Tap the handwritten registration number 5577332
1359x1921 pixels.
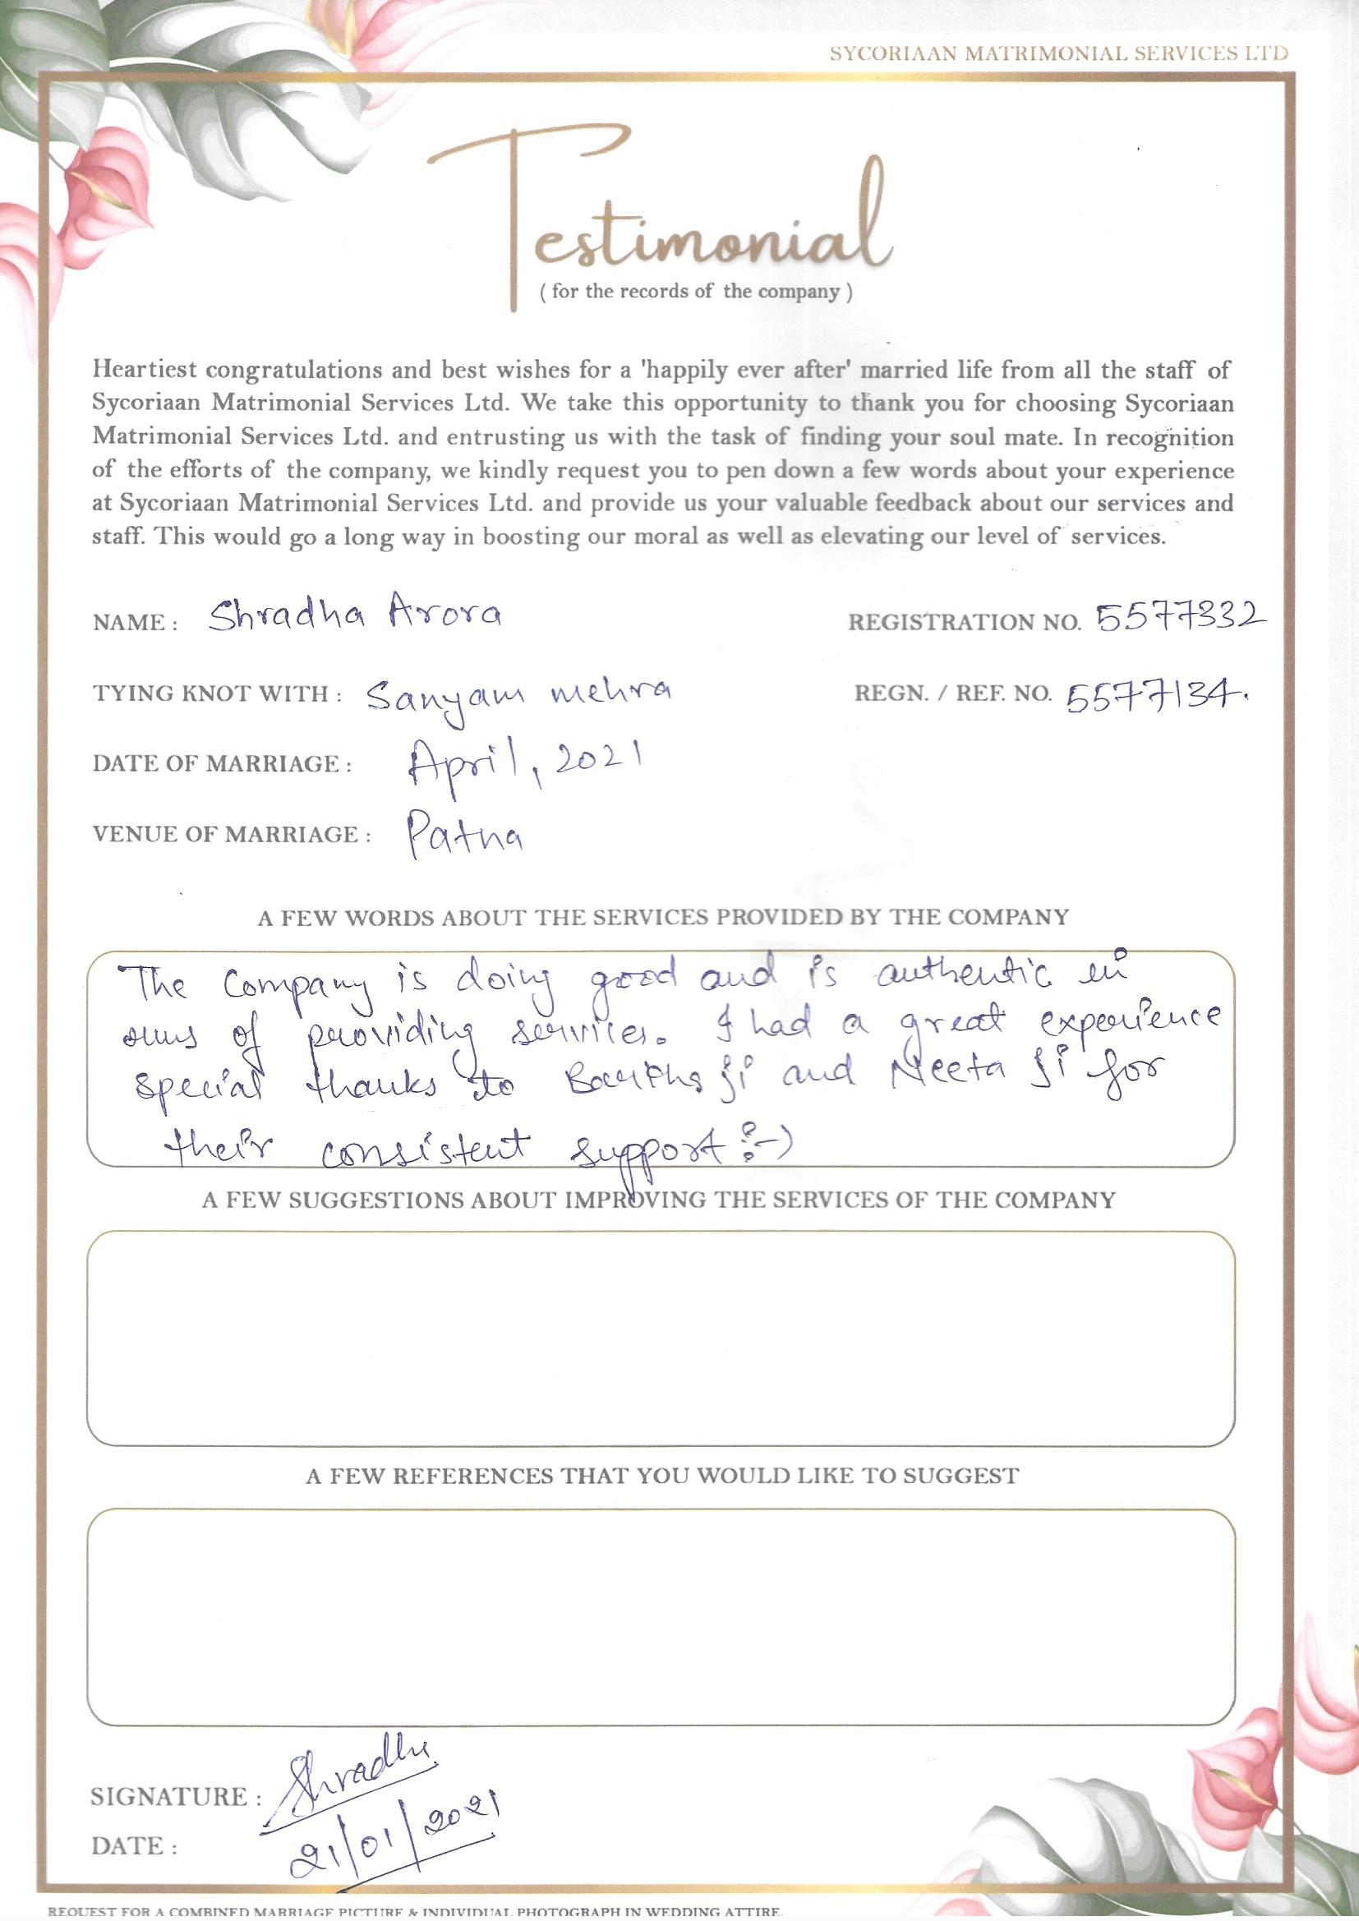pyautogui.click(x=1180, y=618)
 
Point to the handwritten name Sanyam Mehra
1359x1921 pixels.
pyautogui.click(x=519, y=694)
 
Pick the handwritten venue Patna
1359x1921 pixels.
pyautogui.click(x=465, y=834)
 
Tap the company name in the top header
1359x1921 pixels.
pyautogui.click(x=1057, y=53)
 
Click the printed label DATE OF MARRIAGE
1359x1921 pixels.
pyautogui.click(x=222, y=764)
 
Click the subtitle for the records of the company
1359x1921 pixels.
pyautogui.click(x=696, y=292)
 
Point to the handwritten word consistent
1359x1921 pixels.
pyautogui.click(x=426, y=1147)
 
